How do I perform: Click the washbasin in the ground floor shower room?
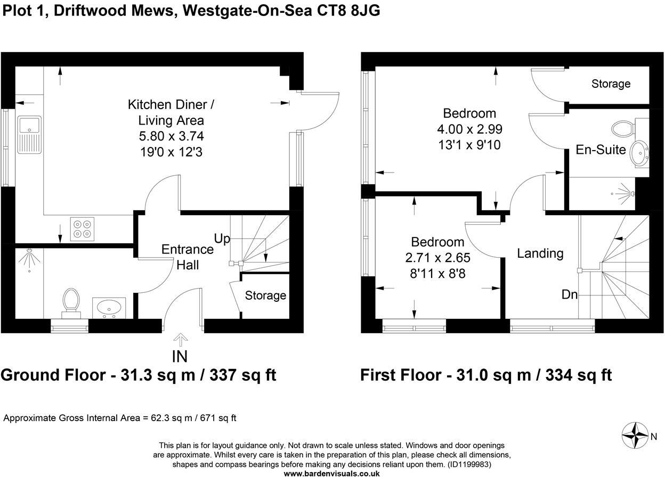pyautogui.click(x=109, y=307)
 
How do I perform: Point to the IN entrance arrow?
pyautogui.click(x=181, y=339)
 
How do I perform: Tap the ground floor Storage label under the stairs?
pyautogui.click(x=265, y=295)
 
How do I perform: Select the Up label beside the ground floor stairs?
pyautogui.click(x=222, y=238)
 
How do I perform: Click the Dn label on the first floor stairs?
pyautogui.click(x=570, y=294)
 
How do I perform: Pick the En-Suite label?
pyautogui.click(x=601, y=150)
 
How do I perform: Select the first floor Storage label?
pyautogui.click(x=611, y=84)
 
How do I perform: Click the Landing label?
pyautogui.click(x=540, y=253)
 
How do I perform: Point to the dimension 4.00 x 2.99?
pyautogui.click(x=469, y=129)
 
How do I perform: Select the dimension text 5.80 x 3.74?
pyautogui.click(x=166, y=136)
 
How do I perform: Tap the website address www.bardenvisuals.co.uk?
pyautogui.click(x=332, y=473)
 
